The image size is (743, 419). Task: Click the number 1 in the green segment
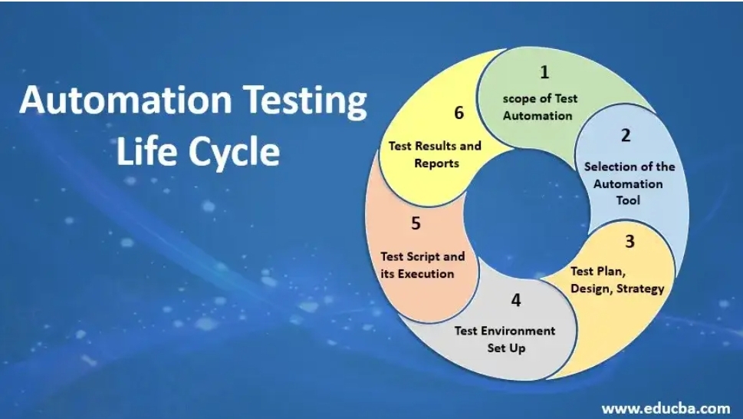[x=544, y=72]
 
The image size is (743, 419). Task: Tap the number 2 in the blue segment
[x=626, y=136]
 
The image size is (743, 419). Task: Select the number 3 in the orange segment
[x=630, y=241]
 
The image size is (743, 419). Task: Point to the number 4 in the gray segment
[x=516, y=300]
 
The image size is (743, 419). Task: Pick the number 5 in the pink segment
[x=416, y=223]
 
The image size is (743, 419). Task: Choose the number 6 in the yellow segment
[x=459, y=113]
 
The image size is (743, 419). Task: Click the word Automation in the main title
[x=126, y=100]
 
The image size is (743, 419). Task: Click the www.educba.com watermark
[x=666, y=408]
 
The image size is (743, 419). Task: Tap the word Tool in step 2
[x=628, y=200]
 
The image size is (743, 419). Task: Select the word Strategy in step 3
[x=640, y=289]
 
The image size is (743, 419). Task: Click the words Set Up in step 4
[x=506, y=348]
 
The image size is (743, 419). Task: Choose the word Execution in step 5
[x=426, y=274]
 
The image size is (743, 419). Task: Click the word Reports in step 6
[x=436, y=163]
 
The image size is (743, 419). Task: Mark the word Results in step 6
[x=432, y=146]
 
